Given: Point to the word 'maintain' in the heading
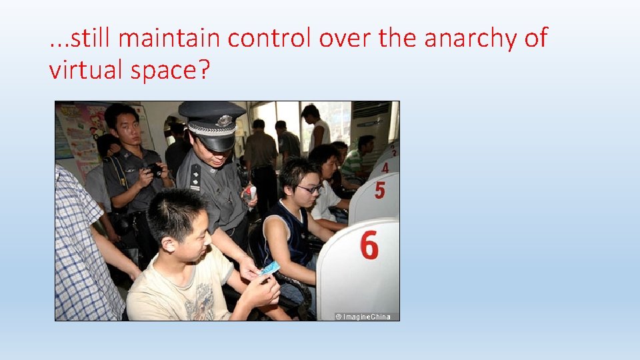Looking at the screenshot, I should [171, 39].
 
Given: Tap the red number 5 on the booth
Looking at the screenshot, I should [379, 191].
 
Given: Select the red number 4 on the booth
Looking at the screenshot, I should [385, 167].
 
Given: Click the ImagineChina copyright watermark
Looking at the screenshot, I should [364, 316].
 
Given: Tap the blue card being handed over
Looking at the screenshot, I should [269, 268].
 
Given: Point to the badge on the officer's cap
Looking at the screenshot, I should [225, 121].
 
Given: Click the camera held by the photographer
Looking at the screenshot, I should [155, 169].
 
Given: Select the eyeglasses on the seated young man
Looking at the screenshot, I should [309, 189].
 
